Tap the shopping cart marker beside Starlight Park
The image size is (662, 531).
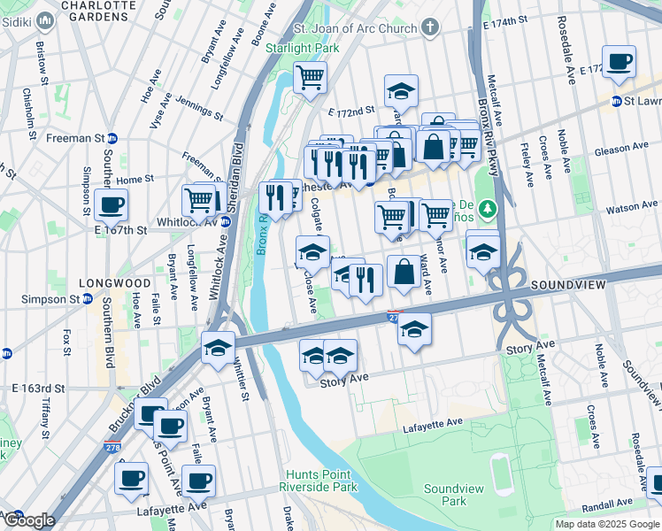tap(310, 78)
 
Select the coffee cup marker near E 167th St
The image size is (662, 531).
tap(112, 205)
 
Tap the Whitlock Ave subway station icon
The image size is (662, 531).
tap(225, 222)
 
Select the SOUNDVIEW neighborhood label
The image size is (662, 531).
tap(567, 285)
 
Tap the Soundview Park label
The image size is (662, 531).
tap(456, 495)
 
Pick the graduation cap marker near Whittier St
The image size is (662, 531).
tap(218, 348)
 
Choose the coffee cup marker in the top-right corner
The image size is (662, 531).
tap(619, 62)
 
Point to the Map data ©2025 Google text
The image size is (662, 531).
tap(606, 524)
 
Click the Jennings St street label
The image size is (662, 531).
tap(199, 109)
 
